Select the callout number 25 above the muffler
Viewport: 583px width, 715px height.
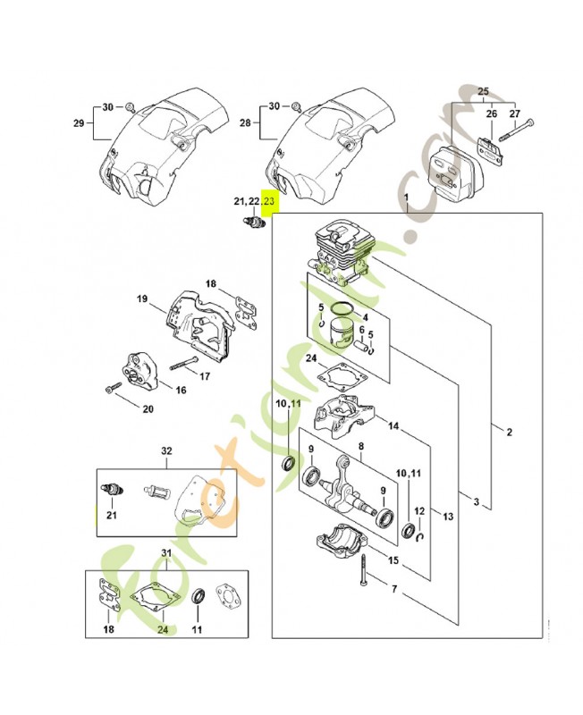(x=484, y=92)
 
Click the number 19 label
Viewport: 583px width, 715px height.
(x=141, y=299)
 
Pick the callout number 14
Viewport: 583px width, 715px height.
(x=393, y=426)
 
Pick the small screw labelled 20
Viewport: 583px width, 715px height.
(x=113, y=390)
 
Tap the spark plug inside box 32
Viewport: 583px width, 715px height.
(x=112, y=489)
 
